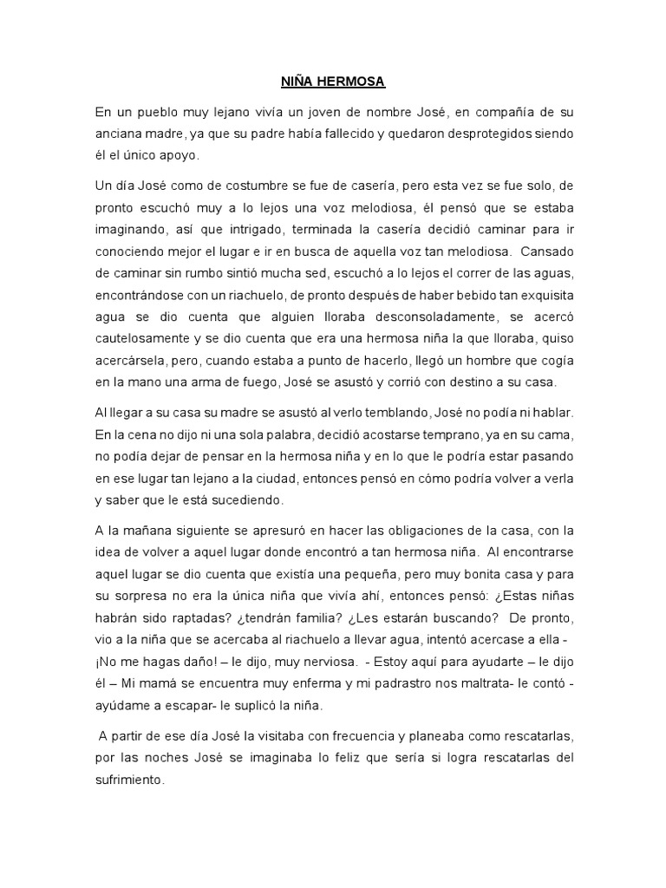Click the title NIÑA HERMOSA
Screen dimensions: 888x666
point(333,82)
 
